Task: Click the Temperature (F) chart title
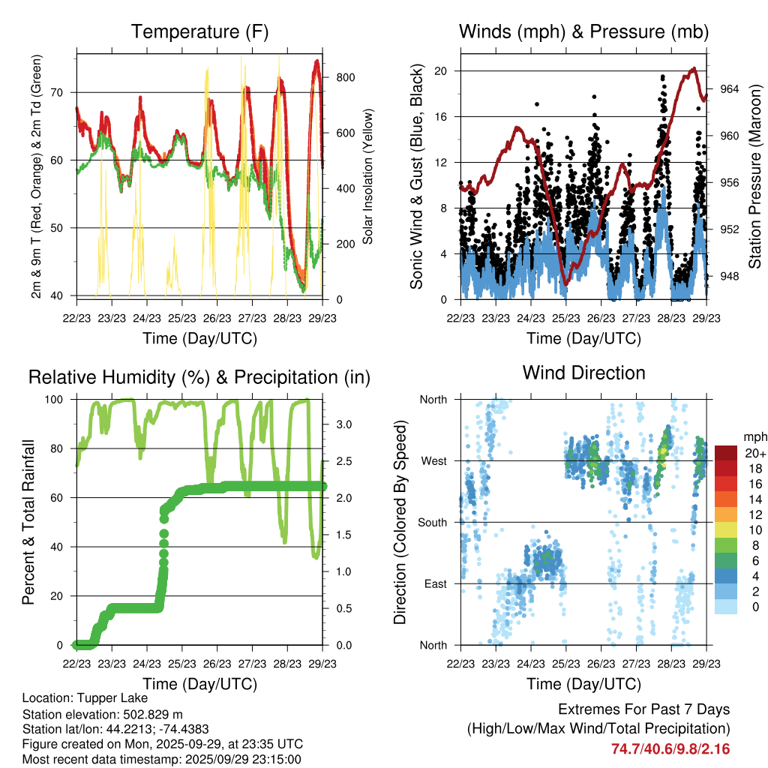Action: [199, 31]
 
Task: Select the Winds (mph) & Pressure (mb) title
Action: [583, 31]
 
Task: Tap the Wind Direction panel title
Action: [583, 372]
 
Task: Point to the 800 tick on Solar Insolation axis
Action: [346, 77]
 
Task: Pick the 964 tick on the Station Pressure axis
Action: [729, 89]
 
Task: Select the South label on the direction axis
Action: [432, 522]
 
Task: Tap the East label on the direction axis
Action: [434, 583]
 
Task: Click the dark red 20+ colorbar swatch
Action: [725, 453]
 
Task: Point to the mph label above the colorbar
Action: [754, 436]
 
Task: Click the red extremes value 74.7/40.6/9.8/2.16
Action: [670, 748]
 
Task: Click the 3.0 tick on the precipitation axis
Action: [342, 424]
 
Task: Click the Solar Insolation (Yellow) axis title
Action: [368, 176]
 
